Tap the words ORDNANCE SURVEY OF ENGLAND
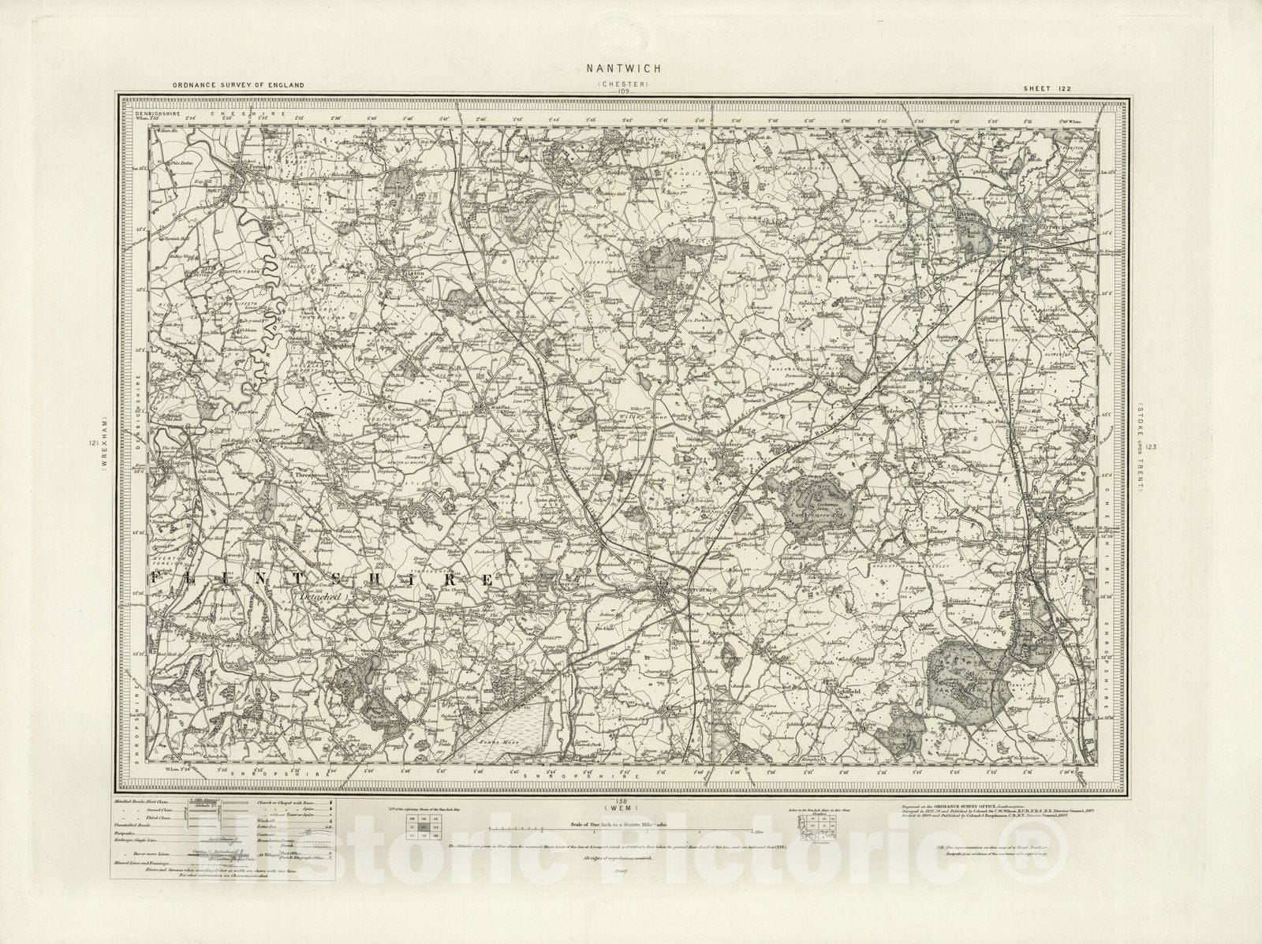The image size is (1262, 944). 222,85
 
